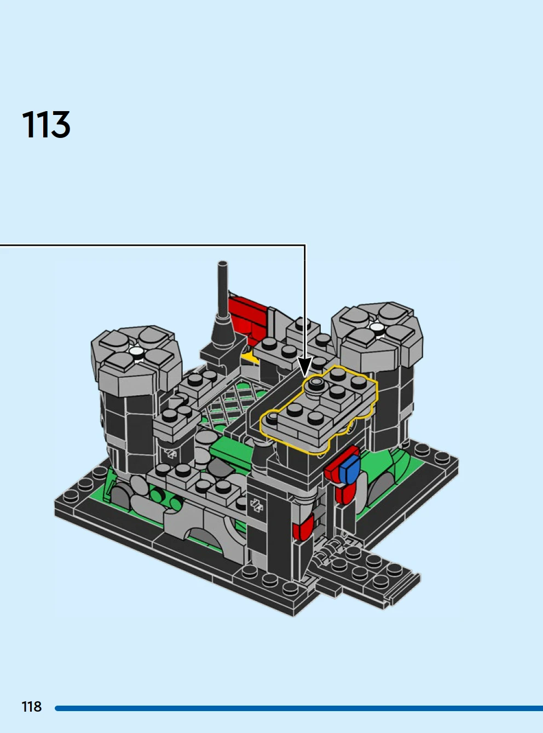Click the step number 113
click(x=46, y=124)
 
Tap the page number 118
click(x=31, y=707)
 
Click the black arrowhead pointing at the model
click(x=305, y=367)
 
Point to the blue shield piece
click(x=350, y=468)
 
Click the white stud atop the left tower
click(x=135, y=351)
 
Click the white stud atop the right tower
click(x=377, y=327)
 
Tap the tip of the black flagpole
click(x=222, y=263)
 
